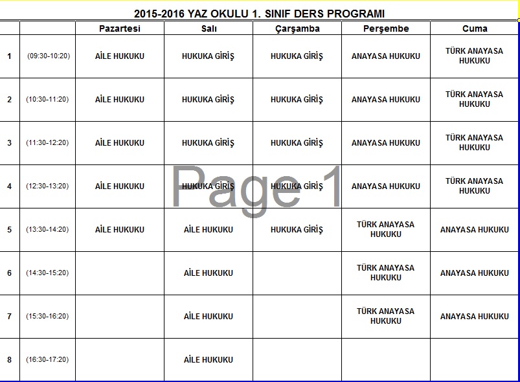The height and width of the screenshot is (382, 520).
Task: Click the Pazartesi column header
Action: point(120,28)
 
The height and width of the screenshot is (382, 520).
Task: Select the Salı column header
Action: point(209,28)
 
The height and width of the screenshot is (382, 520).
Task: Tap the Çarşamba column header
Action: point(297,28)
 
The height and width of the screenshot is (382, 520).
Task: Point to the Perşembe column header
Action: point(386,28)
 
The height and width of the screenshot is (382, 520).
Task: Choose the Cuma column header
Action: point(475,28)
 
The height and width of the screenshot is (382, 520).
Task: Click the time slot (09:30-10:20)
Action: point(48,56)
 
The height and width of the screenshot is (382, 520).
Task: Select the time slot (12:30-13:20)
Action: point(48,186)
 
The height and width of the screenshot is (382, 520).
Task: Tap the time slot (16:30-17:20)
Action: point(48,360)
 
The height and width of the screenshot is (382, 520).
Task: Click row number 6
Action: point(9,273)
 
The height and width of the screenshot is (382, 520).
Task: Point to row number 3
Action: point(9,143)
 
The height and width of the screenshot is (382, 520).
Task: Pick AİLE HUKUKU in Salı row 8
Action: point(209,360)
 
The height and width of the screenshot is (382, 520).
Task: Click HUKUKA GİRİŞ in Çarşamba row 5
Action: point(297,230)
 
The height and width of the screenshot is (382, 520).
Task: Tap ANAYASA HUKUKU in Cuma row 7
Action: point(475,317)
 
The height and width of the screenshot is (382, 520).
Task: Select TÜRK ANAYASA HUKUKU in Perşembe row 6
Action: point(386,273)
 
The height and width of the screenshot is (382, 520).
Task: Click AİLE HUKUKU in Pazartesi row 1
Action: point(120,56)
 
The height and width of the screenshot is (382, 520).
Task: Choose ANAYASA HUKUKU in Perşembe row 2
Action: point(386,100)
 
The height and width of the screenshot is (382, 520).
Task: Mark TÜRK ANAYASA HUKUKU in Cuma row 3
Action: point(475,142)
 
